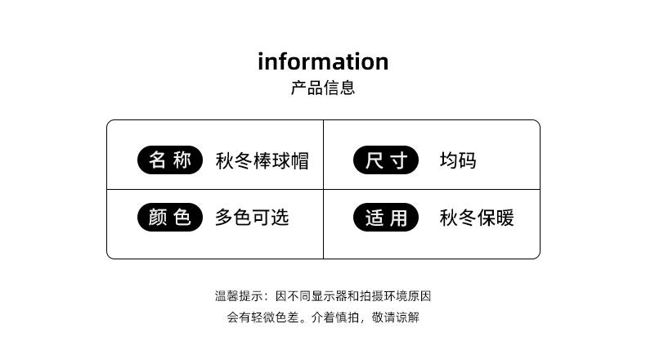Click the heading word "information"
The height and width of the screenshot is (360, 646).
pyautogui.click(x=323, y=61)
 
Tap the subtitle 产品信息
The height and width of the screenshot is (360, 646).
pyautogui.click(x=323, y=88)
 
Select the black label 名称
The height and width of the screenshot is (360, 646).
pyautogui.click(x=169, y=160)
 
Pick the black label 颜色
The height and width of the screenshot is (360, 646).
pyautogui.click(x=169, y=218)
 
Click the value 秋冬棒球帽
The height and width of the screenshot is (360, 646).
pyautogui.click(x=262, y=160)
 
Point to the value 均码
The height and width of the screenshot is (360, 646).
pyautogui.click(x=458, y=160)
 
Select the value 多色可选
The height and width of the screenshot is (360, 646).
pyautogui.click(x=252, y=218)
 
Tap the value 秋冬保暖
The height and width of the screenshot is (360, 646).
pyautogui.click(x=477, y=218)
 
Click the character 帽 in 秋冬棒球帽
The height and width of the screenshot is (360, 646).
pyautogui.click(x=299, y=160)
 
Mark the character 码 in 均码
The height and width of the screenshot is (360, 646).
pyautogui.click(x=467, y=160)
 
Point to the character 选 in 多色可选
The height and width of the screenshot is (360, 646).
pyautogui.click(x=280, y=218)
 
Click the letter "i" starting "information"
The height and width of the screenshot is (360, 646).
pyautogui.click(x=262, y=61)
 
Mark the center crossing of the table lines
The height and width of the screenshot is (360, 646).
pyautogui.click(x=323, y=189)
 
